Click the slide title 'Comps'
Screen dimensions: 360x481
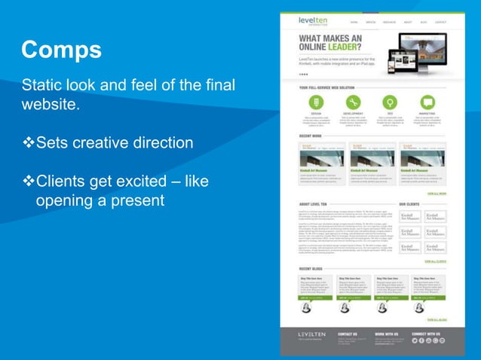pyautogui.click(x=61, y=50)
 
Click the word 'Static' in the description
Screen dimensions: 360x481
pyautogui.click(x=40, y=83)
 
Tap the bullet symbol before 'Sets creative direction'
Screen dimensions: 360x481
pyautogui.click(x=28, y=143)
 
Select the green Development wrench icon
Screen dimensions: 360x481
pyautogui.click(x=353, y=102)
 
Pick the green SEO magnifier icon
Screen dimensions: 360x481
pyautogui.click(x=390, y=102)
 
